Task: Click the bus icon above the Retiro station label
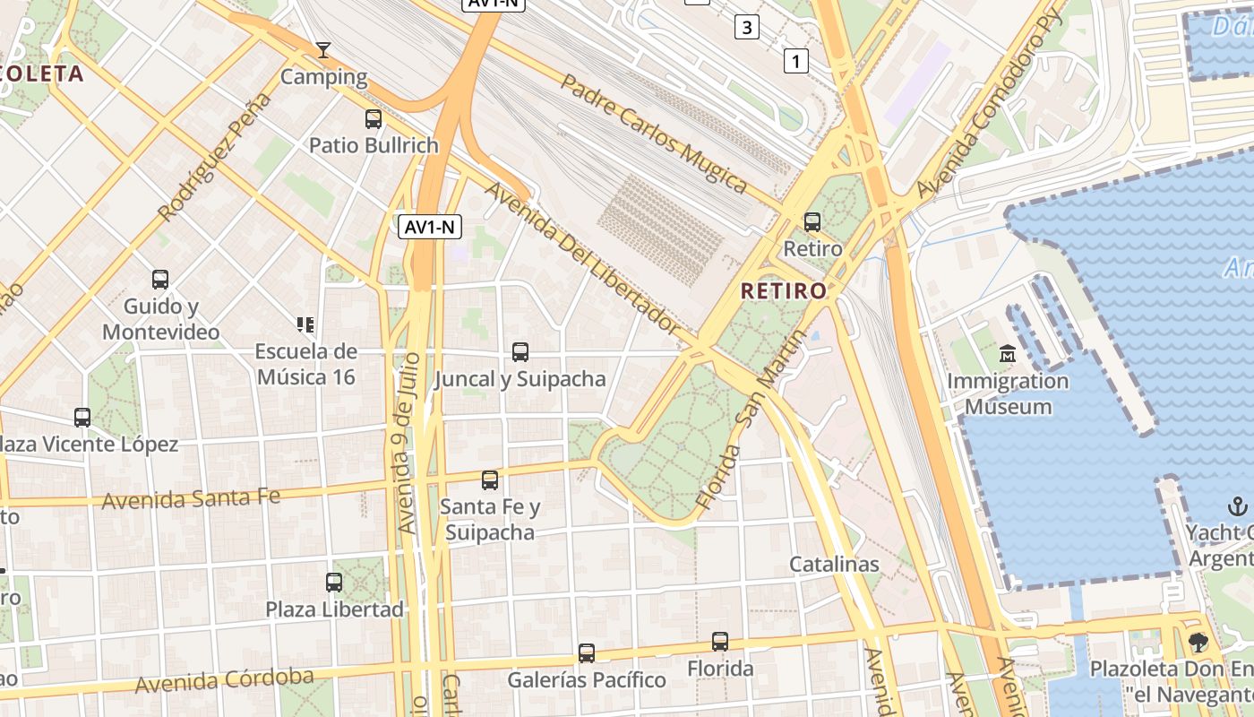point(812,221)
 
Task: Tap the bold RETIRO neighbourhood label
point(784,291)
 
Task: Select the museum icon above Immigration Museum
point(1009,354)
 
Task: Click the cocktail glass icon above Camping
point(323,50)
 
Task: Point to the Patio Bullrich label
point(374,145)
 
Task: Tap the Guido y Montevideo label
point(160,319)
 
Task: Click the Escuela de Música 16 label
point(305,364)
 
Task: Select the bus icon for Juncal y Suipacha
point(520,352)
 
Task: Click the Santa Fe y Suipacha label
point(490,520)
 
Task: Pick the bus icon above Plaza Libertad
point(334,583)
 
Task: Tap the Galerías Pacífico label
point(587,680)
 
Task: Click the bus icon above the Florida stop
point(720,642)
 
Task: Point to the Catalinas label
point(834,565)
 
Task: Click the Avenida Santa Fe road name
point(191,498)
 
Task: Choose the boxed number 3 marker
point(746,27)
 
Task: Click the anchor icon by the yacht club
point(1237,506)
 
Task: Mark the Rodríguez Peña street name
point(213,158)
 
